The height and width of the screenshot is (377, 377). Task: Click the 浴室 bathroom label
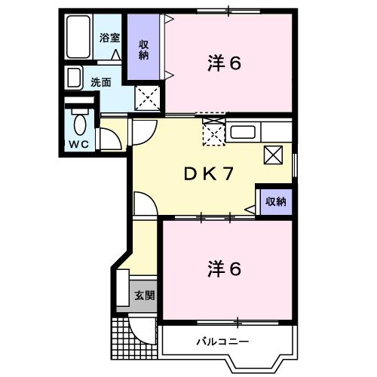[x=110, y=38]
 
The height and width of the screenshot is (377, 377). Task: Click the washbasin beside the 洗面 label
[x=74, y=78]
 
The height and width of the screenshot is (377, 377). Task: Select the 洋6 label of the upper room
[x=225, y=63]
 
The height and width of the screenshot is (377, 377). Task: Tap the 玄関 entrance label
[x=145, y=295]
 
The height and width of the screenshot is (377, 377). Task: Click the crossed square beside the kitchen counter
[x=273, y=155]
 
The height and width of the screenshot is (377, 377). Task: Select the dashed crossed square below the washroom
[x=147, y=98]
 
